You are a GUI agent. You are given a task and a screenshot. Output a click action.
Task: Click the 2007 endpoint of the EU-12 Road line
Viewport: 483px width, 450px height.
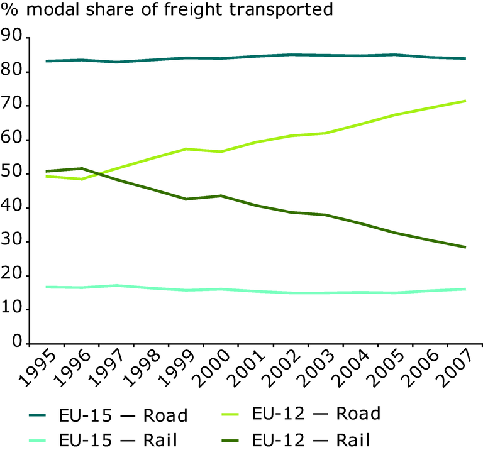pyautogui.click(x=465, y=101)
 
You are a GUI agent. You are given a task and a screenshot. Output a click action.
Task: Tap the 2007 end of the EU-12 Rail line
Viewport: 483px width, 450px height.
pyautogui.click(x=465, y=247)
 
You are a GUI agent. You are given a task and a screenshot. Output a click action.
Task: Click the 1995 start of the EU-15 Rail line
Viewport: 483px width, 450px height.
pyautogui.click(x=47, y=287)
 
